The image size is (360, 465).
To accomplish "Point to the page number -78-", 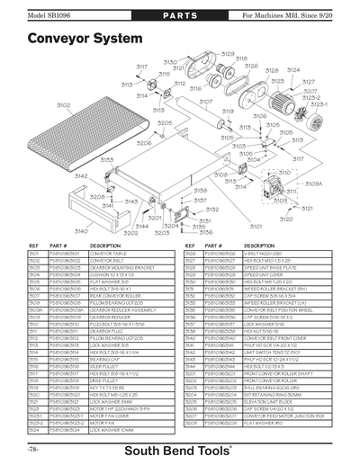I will pyautogui.click(x=34, y=448).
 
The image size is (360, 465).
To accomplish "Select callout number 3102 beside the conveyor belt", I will pyautogui.click(x=40, y=105).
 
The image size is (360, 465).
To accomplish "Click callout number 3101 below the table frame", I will pyautogui.click(x=256, y=227).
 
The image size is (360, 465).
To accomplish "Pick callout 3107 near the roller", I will pyautogui.click(x=206, y=102).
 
